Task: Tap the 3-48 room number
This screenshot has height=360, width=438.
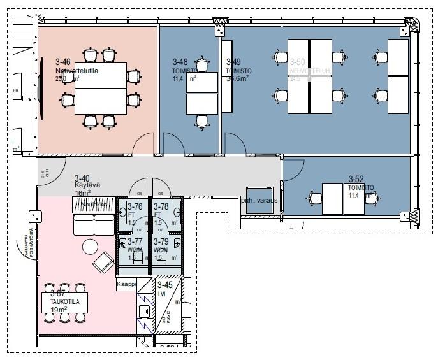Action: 180,62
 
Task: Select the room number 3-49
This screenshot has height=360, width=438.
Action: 234,62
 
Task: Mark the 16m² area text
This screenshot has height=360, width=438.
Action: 83,193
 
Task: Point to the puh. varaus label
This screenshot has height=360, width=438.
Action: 259,199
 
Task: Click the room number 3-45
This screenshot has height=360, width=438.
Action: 165,285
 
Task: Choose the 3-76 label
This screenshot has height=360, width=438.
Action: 135,207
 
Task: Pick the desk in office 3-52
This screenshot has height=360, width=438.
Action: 333,199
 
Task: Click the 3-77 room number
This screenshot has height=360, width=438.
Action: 135,242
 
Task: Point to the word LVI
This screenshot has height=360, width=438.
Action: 162,293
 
